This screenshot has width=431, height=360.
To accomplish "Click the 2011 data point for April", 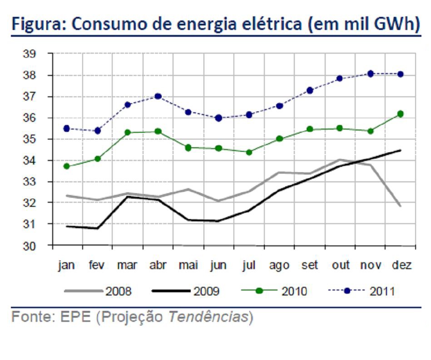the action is pos(158,96).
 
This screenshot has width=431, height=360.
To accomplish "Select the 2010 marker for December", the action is pos(401,114).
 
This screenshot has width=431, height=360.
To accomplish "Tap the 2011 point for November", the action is pos(371,74).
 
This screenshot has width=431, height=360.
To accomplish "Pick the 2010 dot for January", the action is pos(66,166).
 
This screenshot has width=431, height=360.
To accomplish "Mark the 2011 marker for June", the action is pos(219,118).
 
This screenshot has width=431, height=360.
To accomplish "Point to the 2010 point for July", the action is pos(249,152).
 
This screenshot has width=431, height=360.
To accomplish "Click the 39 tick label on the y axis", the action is pos(30,54).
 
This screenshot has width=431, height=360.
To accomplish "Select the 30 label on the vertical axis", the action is pos(30,246).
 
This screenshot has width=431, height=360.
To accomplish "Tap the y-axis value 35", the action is pos(30,139).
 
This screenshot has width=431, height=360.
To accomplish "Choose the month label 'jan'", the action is pos(66,265).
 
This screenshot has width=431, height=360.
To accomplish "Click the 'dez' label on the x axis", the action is pos(401,265).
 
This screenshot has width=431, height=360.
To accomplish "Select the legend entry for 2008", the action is pos(98,291).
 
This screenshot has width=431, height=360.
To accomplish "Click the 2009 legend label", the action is pos(186,291).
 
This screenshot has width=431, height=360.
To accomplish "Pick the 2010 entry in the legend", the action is pos(274,291).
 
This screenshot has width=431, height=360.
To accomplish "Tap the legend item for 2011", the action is pos(362,291).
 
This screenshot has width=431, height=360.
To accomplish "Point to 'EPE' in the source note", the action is pos(75,316).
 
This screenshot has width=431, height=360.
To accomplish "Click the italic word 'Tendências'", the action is pos(208,316).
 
